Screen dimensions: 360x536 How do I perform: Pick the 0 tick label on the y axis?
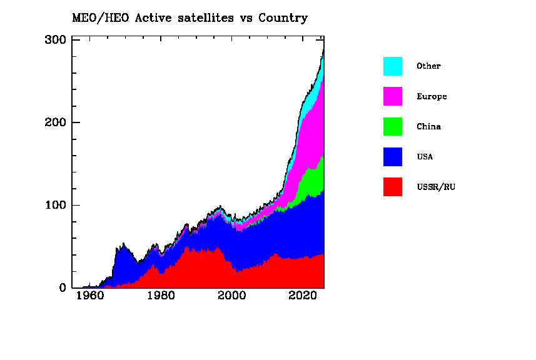[x=63, y=288]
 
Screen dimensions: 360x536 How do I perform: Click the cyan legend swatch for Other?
[x=393, y=66]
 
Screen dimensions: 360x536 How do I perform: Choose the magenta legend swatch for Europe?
[x=393, y=96]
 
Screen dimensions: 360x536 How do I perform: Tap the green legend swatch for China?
[x=393, y=126]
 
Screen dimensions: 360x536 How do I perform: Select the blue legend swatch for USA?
[x=393, y=156]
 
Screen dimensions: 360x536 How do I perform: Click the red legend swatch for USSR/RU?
[x=393, y=186]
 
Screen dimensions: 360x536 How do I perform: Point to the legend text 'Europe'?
[x=432, y=97]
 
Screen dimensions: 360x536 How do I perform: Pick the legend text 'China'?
[x=428, y=127]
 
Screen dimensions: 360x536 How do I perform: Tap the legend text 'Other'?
[x=428, y=66]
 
